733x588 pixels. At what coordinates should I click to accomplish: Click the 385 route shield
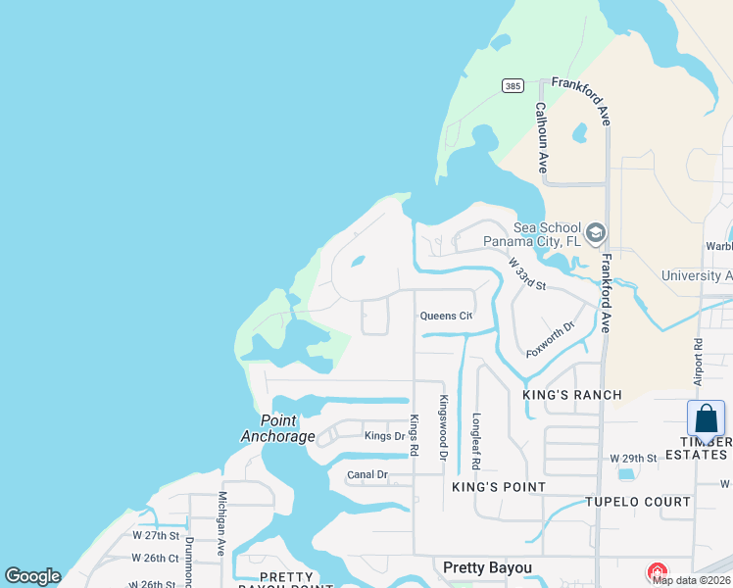[512, 86]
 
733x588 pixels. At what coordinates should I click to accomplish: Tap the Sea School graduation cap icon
[595, 233]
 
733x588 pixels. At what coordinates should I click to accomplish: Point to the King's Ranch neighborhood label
[573, 395]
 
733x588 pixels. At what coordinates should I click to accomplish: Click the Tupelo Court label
[638, 502]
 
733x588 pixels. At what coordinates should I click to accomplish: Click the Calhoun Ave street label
[540, 137]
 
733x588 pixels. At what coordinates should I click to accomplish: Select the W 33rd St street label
[526, 274]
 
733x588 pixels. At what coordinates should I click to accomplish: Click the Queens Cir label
[446, 316]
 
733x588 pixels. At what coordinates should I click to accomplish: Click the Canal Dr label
[367, 475]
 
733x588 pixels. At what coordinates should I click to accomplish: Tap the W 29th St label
[632, 458]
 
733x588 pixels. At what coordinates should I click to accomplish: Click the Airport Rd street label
[698, 363]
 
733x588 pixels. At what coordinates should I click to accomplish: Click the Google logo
[32, 576]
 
